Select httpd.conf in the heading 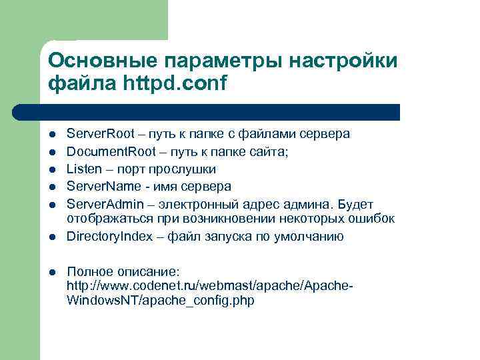(175, 85)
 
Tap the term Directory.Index (110, 236)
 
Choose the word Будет (355, 203)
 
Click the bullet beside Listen (52, 169)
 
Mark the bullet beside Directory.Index (52, 236)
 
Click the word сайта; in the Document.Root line (267, 151)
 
